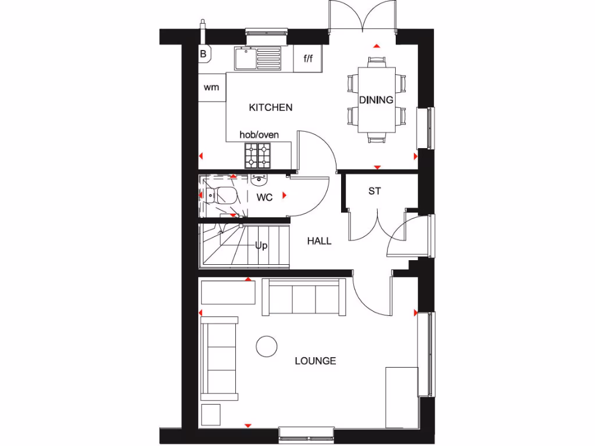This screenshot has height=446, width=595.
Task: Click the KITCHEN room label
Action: coord(270,107)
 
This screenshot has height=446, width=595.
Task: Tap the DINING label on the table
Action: coord(376,100)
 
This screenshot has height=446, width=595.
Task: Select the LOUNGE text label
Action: coord(315,361)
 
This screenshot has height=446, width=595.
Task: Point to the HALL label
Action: coord(319,240)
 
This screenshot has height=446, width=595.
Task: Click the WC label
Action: coord(264,197)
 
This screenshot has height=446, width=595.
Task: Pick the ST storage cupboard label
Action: coord(375,190)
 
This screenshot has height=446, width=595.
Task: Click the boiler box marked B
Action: coord(203,54)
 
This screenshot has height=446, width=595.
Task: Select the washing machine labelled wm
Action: coord(212,88)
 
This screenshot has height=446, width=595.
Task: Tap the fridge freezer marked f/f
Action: coord(308,59)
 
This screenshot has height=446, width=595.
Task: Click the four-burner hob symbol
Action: coord(258,154)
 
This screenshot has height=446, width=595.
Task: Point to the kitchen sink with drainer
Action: coord(257,59)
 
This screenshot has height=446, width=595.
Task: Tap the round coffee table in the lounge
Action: coord(267,346)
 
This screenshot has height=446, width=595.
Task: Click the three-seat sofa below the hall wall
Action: coord(304,297)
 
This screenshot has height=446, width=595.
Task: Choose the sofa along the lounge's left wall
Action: coord(219,358)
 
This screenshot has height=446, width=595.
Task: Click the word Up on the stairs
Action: coord(261,246)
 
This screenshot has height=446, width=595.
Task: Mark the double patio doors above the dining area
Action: coord(364,16)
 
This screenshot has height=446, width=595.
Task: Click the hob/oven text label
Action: coord(259,135)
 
